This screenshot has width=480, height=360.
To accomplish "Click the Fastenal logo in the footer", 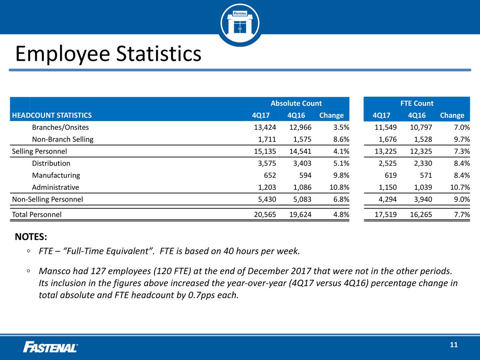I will point(50,347).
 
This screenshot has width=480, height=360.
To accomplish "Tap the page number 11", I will point(454,345).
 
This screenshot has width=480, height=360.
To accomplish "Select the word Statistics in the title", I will point(159,54).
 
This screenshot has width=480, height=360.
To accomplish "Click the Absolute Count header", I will point(296,103).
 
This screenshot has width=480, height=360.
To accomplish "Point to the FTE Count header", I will point(417,103).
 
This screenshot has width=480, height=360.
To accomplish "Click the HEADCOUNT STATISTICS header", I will point(52,115).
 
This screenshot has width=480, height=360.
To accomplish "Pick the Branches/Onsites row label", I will point(60,127).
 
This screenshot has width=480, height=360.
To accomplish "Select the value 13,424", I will point(265,127).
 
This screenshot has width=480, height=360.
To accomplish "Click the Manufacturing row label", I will point(56,175).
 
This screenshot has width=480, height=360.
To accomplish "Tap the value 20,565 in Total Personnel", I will point(265,214).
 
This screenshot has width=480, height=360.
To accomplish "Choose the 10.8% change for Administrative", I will point(339,187).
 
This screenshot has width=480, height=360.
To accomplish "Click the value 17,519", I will point(385,214).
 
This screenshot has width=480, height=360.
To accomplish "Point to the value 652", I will point(270,175).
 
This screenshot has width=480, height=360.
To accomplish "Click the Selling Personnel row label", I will point(39,151).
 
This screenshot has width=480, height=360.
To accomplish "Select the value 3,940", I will point(423,199).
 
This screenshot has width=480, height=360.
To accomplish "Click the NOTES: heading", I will point(31,237).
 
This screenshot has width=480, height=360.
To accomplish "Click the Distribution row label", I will point(51,163).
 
